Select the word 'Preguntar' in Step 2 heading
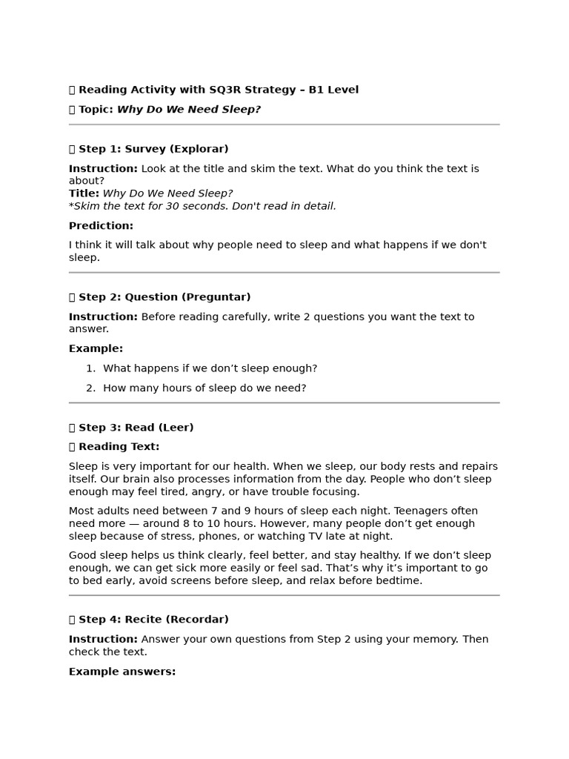[220, 297]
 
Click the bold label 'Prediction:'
[101, 226]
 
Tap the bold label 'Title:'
[84, 193]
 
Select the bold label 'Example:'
[96, 348]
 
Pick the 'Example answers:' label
[122, 672]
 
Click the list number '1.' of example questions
[90, 368]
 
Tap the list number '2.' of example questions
[90, 388]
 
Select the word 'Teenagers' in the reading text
[421, 511]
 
